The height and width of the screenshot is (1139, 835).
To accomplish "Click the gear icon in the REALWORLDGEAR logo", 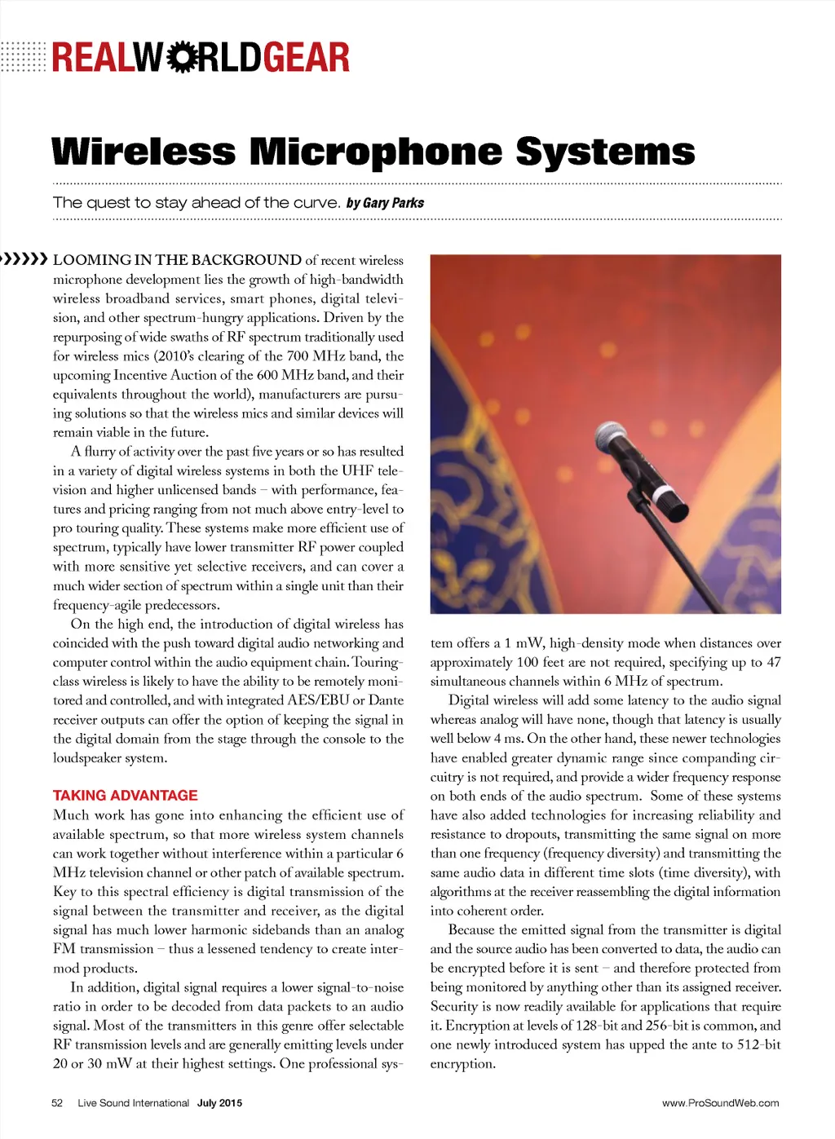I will [x=180, y=57].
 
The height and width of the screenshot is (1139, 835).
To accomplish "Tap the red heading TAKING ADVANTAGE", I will [x=126, y=795].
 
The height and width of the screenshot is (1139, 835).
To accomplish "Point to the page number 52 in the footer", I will [x=57, y=1103].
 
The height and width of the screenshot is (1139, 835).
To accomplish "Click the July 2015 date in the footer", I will [x=219, y=1103].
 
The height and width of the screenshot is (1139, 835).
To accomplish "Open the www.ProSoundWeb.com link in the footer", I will [x=720, y=1103].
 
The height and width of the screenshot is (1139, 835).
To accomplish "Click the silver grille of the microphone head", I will [x=612, y=439].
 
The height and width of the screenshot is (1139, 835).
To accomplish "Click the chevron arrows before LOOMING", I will [x=24, y=259].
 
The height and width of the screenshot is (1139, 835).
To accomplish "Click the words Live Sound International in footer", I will [x=133, y=1103].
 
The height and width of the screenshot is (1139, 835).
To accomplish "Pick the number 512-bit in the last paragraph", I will [x=758, y=1044].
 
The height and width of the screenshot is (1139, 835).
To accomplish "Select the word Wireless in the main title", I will [x=144, y=152].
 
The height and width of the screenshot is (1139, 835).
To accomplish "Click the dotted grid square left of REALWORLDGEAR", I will [x=23, y=56].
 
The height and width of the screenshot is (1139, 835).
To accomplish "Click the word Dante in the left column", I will [x=387, y=700].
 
